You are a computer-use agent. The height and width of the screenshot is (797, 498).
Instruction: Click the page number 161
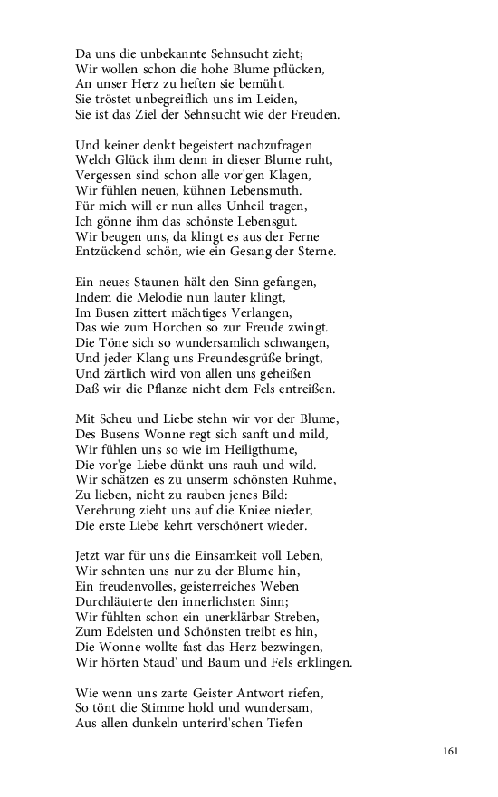coord(453,751)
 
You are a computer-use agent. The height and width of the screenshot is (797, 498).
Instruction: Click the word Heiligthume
coord(263,449)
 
